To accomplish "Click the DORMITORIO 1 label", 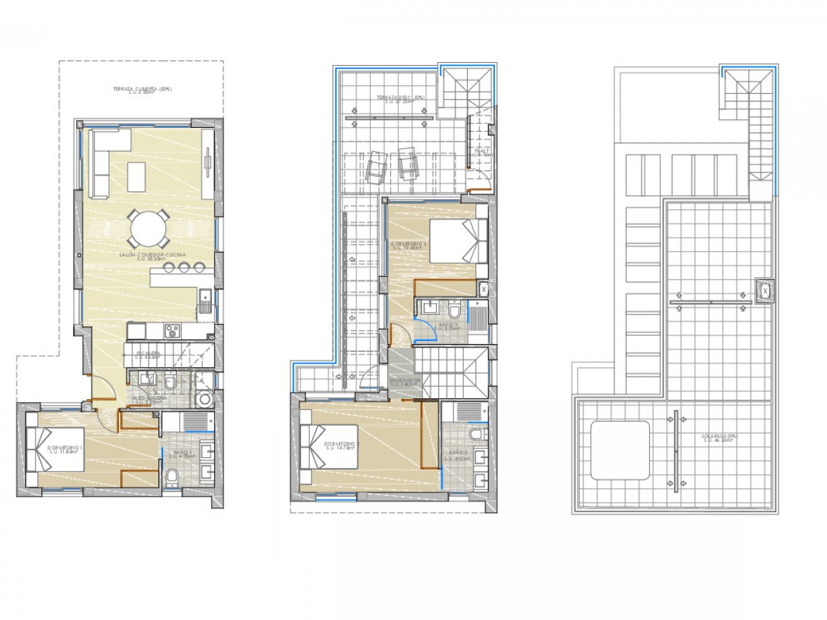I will [64, 449].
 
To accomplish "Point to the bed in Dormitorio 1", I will [55, 449].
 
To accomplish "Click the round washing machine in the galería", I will [205, 399].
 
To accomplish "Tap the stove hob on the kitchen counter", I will [173, 331].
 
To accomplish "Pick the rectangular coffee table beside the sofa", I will [137, 176].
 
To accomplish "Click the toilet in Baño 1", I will [173, 477].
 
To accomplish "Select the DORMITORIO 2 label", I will [340, 446].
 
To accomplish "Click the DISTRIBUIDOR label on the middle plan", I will [405, 381].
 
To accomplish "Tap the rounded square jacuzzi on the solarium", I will [620, 450].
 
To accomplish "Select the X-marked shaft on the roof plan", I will [765, 291].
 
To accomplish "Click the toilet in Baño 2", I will [477, 432].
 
